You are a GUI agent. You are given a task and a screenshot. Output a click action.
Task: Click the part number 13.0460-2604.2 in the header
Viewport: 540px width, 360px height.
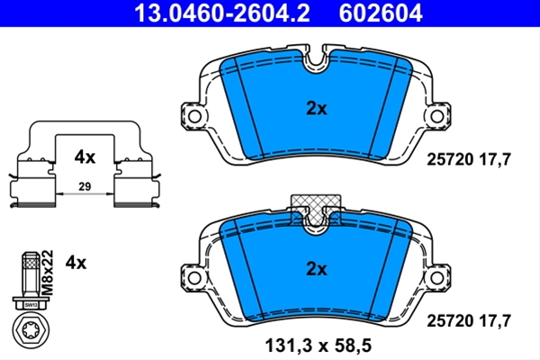click(x=221, y=13)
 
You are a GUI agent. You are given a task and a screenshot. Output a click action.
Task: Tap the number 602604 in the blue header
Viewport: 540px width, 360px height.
click(x=381, y=13)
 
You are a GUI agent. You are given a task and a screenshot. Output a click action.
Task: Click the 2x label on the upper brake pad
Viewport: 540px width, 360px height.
click(x=317, y=109)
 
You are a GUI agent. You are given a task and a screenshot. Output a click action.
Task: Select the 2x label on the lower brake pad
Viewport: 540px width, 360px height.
click(x=317, y=269)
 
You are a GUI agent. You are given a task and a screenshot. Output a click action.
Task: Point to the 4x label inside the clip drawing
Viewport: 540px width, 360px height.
click(x=85, y=157)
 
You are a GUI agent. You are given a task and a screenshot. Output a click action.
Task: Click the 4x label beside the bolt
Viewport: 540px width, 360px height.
click(x=76, y=263)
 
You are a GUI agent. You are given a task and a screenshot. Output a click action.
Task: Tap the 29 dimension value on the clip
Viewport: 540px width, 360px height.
click(x=85, y=186)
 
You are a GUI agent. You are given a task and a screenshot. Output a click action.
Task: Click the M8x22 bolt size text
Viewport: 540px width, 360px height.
click(x=49, y=273)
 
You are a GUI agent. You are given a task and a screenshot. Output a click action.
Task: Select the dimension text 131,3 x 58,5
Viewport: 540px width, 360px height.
click(x=319, y=346)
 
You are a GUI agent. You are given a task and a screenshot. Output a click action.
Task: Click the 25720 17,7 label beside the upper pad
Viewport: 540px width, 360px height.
click(x=469, y=159)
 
